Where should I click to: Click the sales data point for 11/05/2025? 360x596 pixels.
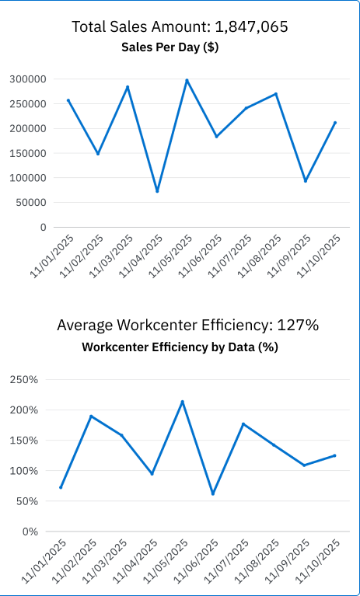(x=187, y=80)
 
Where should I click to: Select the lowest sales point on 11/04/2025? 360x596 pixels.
(x=157, y=190)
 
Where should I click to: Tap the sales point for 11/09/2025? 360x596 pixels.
(x=306, y=180)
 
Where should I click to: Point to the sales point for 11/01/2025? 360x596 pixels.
(x=68, y=100)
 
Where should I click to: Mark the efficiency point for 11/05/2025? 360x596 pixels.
(x=182, y=402)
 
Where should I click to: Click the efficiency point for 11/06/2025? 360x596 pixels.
(x=212, y=493)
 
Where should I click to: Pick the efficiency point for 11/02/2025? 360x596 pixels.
(x=91, y=417)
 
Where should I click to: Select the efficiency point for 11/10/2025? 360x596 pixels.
(x=334, y=455)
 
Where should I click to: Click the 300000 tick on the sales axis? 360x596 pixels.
(x=28, y=79)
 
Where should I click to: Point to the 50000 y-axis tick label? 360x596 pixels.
(x=31, y=203)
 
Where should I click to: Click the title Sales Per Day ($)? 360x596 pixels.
(x=170, y=47)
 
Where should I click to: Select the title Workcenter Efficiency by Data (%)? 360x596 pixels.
(x=180, y=347)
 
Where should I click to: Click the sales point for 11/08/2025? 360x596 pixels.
(x=276, y=94)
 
